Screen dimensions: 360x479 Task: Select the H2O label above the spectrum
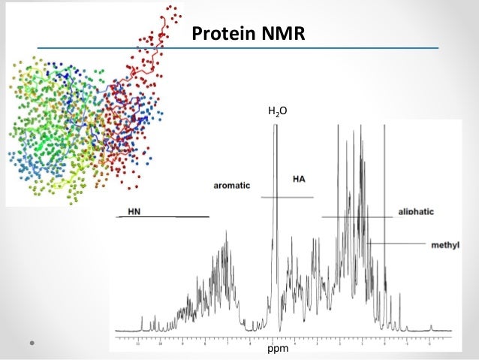[x=277, y=113]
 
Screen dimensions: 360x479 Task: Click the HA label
[x=299, y=180]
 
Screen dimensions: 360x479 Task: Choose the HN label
[x=134, y=211]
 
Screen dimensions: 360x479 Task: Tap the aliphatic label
[x=416, y=213]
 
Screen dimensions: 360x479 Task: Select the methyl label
[x=445, y=245]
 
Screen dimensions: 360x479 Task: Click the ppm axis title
[x=278, y=348]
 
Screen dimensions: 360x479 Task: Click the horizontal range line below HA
[x=286, y=197]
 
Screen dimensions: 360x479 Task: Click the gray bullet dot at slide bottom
[x=32, y=342]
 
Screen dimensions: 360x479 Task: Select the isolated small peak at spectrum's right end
[x=432, y=328]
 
